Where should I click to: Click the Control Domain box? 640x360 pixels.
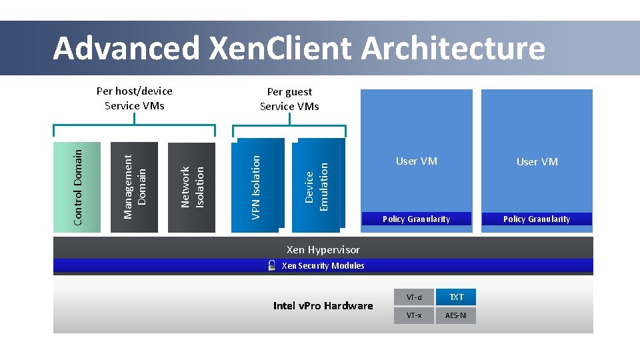[x=77, y=187]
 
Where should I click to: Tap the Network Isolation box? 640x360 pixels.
[x=192, y=187]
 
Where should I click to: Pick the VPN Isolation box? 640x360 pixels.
[x=256, y=186]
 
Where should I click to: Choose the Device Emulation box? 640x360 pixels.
[x=317, y=186]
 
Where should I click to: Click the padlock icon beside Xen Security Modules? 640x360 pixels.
[x=271, y=265]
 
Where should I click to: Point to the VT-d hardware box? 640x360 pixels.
[x=414, y=297]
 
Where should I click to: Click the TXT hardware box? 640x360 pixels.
[x=456, y=297]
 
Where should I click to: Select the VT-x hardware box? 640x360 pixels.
[x=414, y=315]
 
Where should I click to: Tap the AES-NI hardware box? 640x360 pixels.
[x=456, y=315]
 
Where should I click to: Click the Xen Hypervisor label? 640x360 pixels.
[x=323, y=250]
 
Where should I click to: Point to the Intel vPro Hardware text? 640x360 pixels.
[x=323, y=306]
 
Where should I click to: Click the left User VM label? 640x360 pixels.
[x=416, y=161]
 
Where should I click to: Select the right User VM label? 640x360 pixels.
[x=537, y=161]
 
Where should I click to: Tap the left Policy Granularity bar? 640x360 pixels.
[x=416, y=219]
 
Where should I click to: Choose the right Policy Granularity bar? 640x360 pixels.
[x=537, y=219]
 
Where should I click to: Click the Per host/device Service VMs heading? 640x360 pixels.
[x=135, y=98]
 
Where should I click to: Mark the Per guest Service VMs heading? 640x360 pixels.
[x=289, y=99]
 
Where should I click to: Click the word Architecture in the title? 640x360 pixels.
[x=453, y=48]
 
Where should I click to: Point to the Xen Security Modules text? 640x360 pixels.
[x=323, y=265]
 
